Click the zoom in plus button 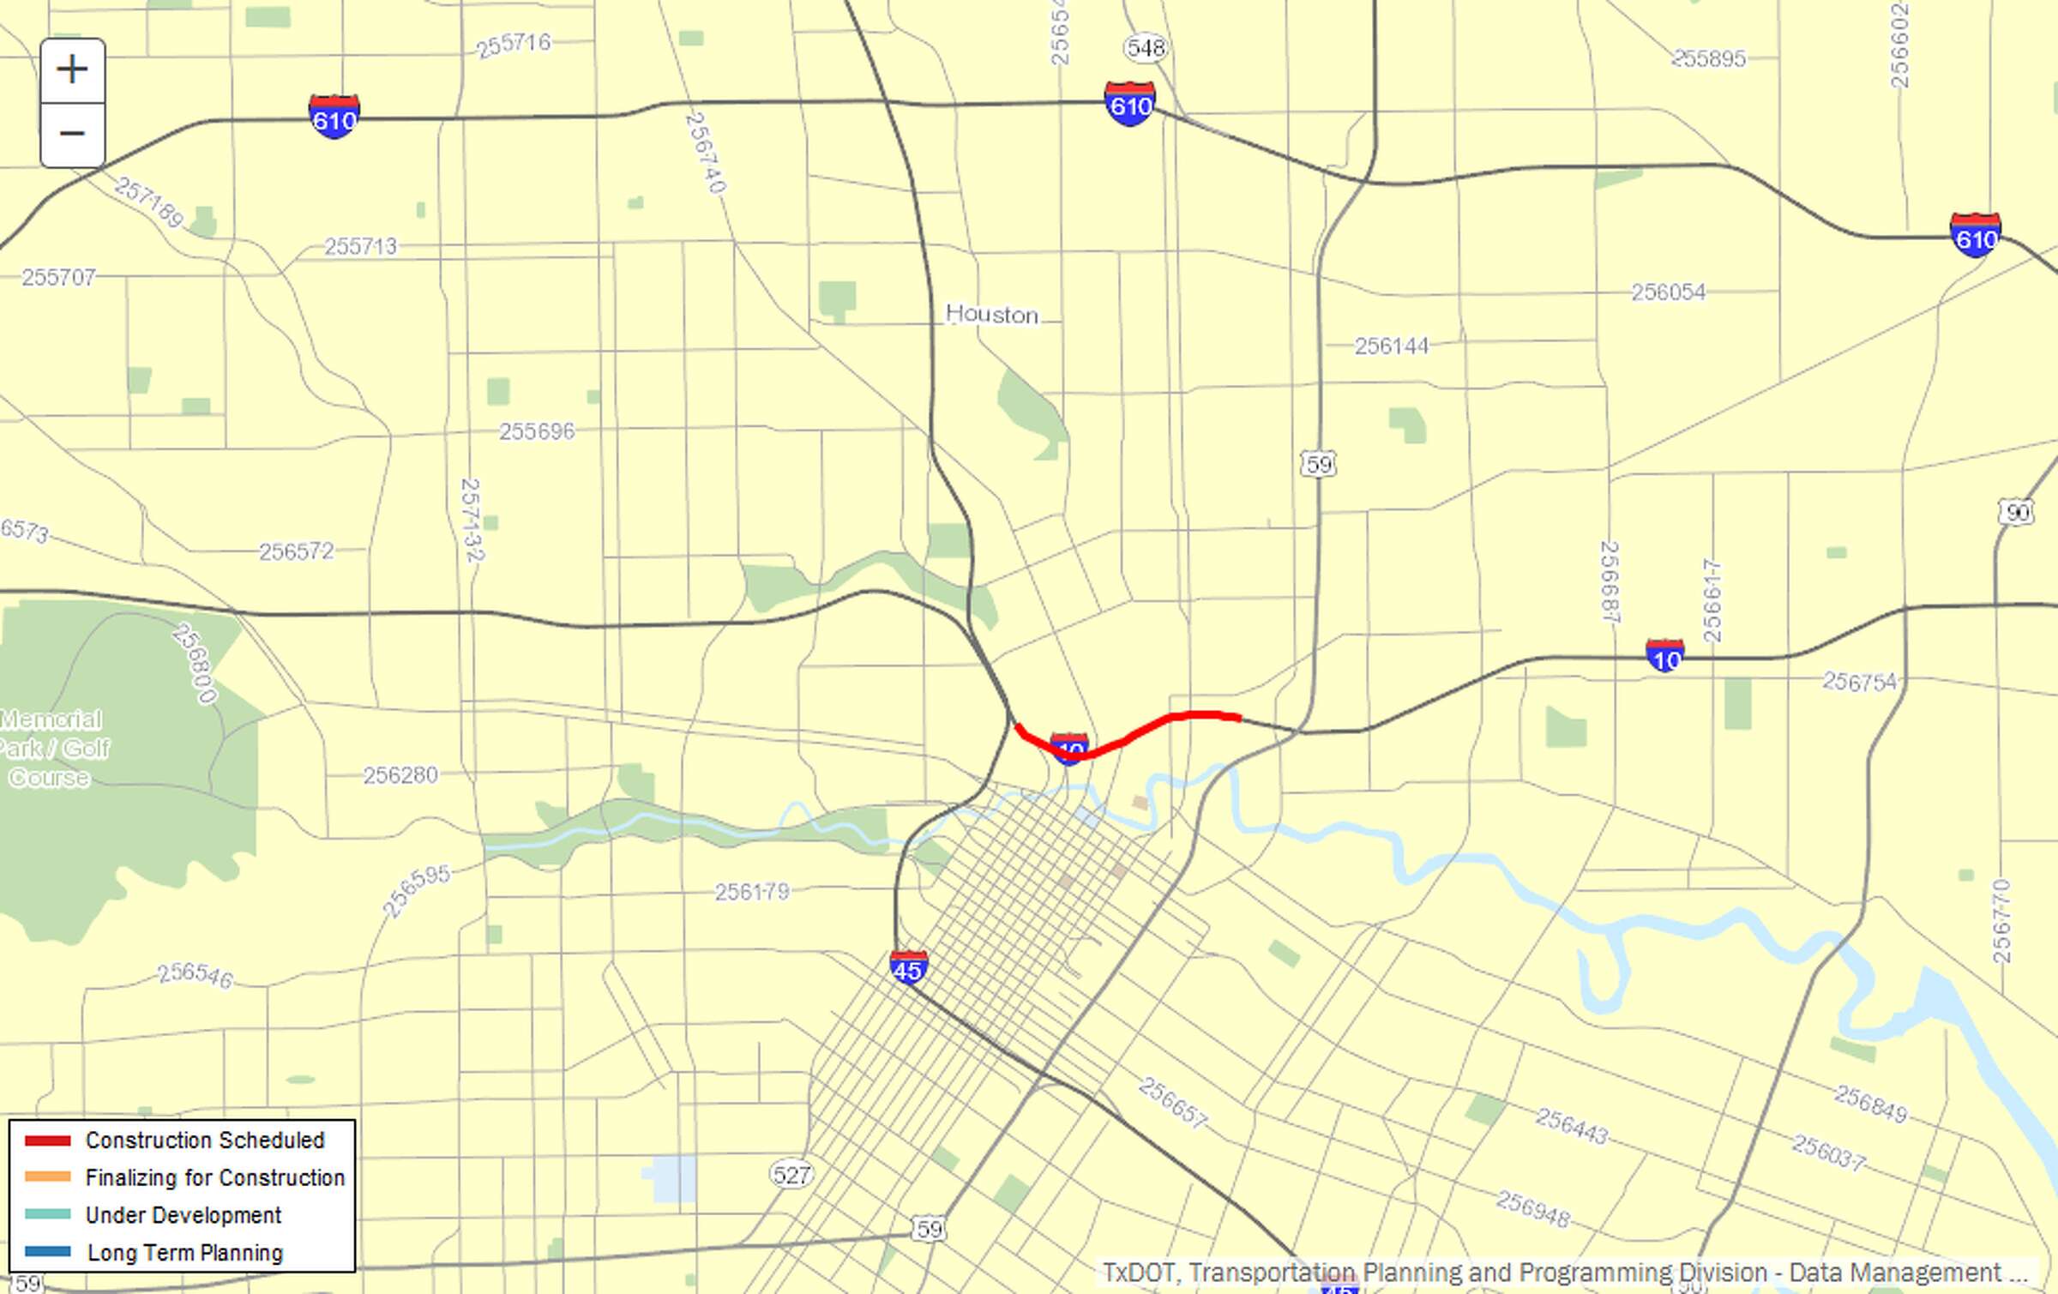point(73,69)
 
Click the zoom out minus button point(73,134)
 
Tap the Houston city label point(991,314)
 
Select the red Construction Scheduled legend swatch point(47,1141)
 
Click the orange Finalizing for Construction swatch point(47,1177)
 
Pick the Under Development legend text point(183,1215)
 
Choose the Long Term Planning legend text point(184,1253)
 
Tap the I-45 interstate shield point(908,968)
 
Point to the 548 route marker point(1146,48)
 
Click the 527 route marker point(791,1174)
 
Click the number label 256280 point(400,775)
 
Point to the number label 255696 point(537,430)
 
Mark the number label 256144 point(1392,346)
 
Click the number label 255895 point(1708,58)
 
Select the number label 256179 point(752,892)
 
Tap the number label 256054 point(1668,292)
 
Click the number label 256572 point(296,551)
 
